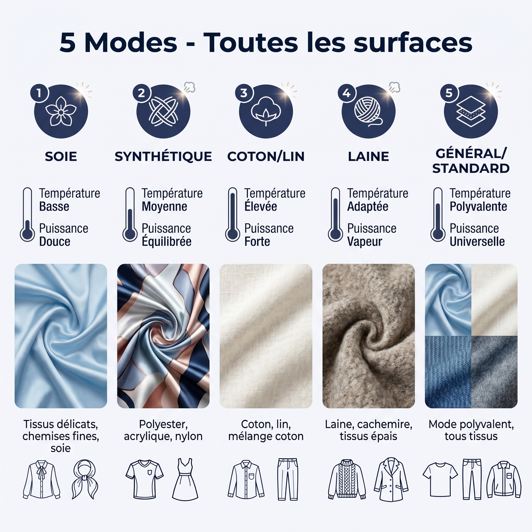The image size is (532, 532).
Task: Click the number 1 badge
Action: pos(39,93)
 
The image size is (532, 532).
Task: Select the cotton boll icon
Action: pos(265,111)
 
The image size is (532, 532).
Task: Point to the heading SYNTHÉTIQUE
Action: pos(163,156)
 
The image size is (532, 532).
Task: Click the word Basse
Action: pos(54,207)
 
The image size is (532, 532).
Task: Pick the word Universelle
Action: pos(477,242)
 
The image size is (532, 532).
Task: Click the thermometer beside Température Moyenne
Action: pos(130,215)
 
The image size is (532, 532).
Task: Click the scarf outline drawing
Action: pos(85,479)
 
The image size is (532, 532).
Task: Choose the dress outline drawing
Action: pos(185,479)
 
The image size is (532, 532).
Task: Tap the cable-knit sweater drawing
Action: pos(347,480)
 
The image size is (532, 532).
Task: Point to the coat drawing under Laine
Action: pos(391,480)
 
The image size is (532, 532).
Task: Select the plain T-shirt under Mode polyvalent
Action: pos(440,480)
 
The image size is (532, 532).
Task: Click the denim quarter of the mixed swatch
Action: pos(448,371)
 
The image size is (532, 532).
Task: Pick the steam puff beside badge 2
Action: pos(189,87)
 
